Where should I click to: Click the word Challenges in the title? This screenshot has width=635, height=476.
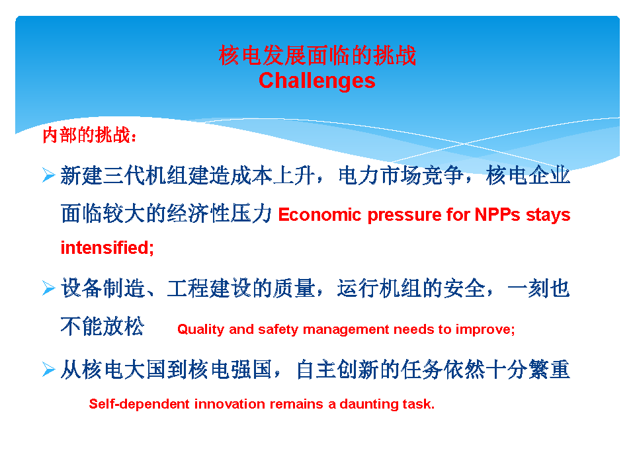(x=317, y=81)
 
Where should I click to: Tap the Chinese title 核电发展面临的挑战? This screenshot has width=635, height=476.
(x=317, y=55)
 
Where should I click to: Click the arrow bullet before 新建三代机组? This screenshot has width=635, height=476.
(x=48, y=175)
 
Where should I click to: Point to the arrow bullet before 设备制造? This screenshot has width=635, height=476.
(x=48, y=288)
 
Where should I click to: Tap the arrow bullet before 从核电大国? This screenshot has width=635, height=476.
(x=48, y=369)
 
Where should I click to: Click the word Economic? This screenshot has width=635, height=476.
(x=319, y=214)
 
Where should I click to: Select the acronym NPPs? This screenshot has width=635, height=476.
(x=497, y=214)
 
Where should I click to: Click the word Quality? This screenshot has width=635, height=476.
(x=200, y=330)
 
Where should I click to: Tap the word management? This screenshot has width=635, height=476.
(x=345, y=330)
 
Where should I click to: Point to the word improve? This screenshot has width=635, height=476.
(x=483, y=329)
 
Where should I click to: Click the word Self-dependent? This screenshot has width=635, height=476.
(x=139, y=404)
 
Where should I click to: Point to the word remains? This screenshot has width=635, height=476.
(x=296, y=404)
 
